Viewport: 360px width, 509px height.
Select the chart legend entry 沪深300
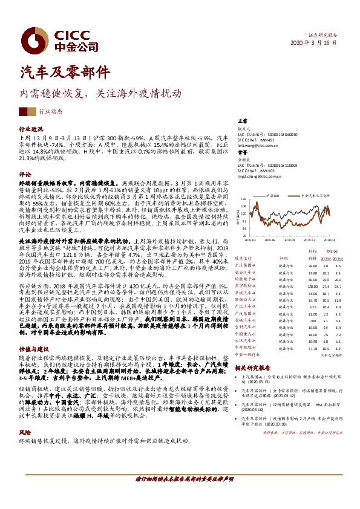click(273, 196)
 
